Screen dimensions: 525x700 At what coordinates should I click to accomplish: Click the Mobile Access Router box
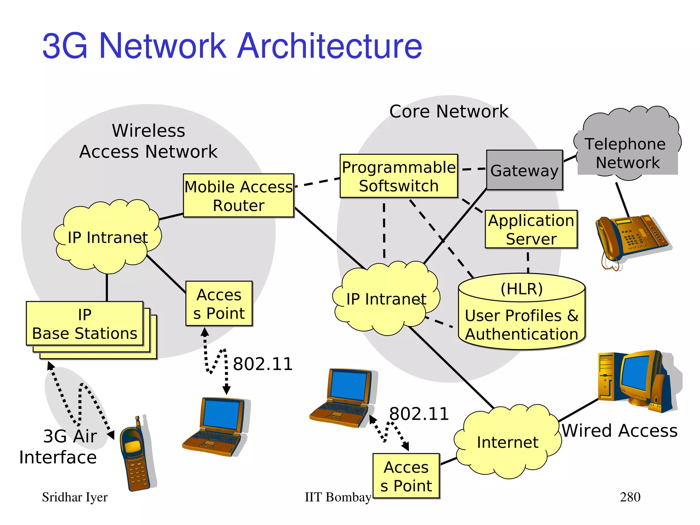pos(239,196)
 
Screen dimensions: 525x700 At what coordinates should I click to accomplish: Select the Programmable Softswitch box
pos(399,176)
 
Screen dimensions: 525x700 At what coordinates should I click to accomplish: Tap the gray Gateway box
pos(524,170)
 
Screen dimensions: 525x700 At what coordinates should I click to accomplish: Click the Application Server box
pos(531,229)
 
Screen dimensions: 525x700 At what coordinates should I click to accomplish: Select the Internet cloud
pos(508,442)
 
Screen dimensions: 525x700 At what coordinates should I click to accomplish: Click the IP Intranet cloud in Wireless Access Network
pos(108,237)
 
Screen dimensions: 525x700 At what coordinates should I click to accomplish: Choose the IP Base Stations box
pos(85,324)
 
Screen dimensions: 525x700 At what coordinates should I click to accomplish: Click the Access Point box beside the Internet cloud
pos(406,476)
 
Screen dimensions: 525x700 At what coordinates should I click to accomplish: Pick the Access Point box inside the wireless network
pos(219,304)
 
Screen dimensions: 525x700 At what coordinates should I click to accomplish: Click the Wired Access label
pos(619,430)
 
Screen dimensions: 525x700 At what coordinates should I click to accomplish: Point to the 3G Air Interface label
pos(58,447)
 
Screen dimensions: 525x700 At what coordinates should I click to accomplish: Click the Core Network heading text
pos(448,111)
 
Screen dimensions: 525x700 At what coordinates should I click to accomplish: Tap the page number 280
pos(630,497)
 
